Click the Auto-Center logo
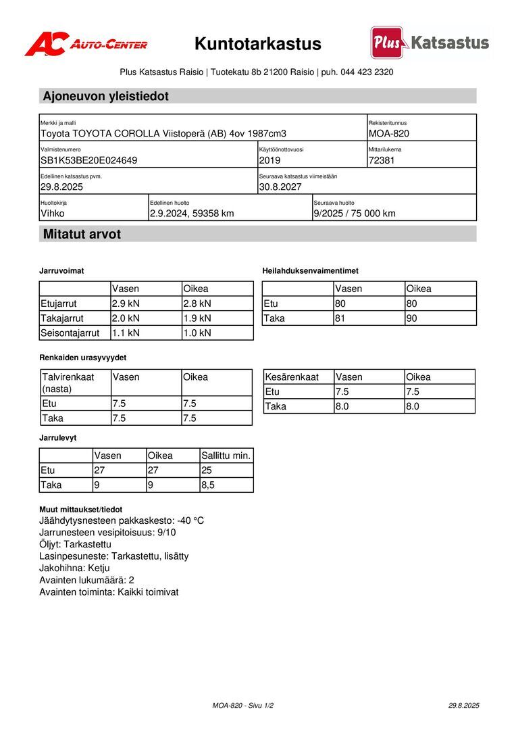pyautogui.click(x=86, y=44)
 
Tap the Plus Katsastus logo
pyautogui.click(x=430, y=43)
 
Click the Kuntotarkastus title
pyautogui.click(x=257, y=44)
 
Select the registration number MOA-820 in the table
pyautogui.click(x=389, y=134)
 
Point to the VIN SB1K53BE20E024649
pyautogui.click(x=89, y=161)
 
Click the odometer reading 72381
pyautogui.click(x=382, y=161)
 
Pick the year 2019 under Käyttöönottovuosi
pyautogui.click(x=269, y=161)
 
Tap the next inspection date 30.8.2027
pyautogui.click(x=280, y=187)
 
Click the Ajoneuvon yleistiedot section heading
pyautogui.click(x=106, y=96)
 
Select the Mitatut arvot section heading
pyautogui.click(x=82, y=235)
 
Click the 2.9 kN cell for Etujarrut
pyautogui.click(x=126, y=303)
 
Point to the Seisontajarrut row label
pyautogui.click(x=70, y=333)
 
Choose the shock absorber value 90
pyautogui.click(x=413, y=318)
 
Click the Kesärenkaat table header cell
pyautogui.click(x=292, y=377)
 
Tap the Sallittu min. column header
pyautogui.click(x=226, y=456)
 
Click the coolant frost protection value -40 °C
pyautogui.click(x=190, y=520)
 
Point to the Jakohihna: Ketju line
pyautogui.click(x=75, y=568)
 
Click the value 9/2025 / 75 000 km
pyautogui.click(x=355, y=214)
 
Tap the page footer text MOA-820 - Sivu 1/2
pyautogui.click(x=243, y=706)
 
